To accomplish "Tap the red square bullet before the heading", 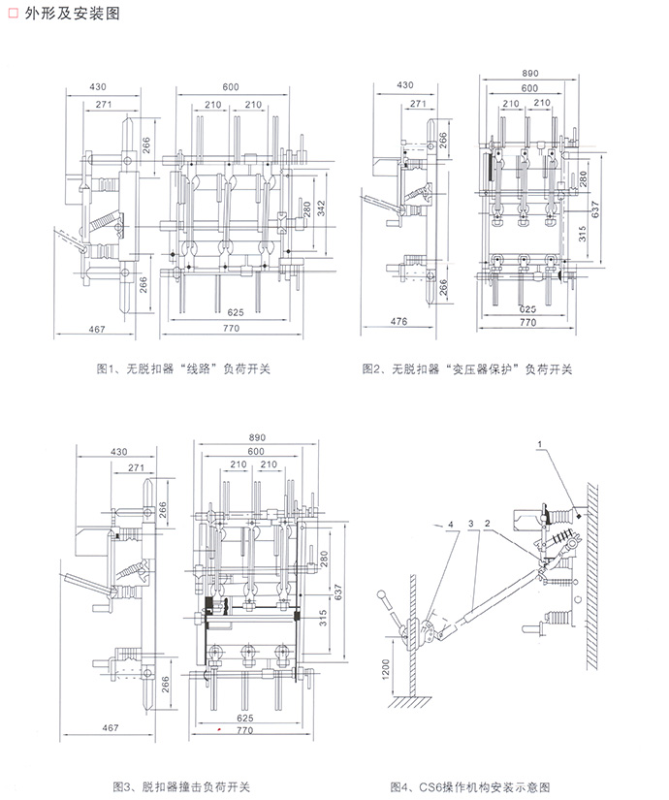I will [12, 14].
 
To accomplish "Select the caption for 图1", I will [184, 368].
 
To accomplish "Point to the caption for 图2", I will [466, 368].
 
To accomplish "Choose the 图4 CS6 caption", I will [469, 784].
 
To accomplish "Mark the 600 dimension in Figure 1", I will [230, 88].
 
